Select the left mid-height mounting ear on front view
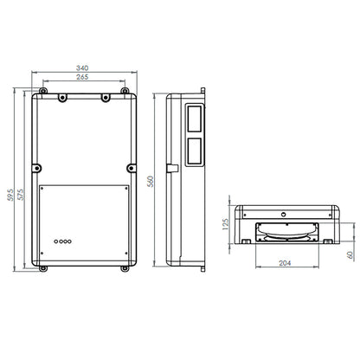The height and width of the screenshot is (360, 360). (x=36, y=167)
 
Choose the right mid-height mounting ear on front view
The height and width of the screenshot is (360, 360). (x=132, y=167)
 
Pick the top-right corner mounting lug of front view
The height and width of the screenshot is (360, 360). (x=105, y=96)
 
